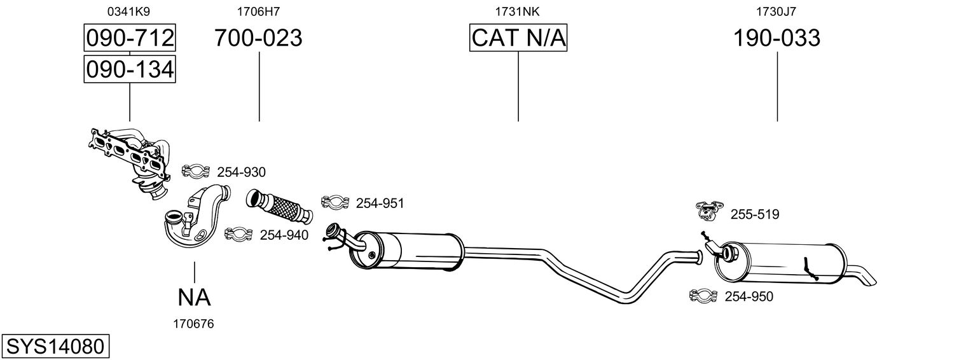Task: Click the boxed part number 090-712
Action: (130, 38)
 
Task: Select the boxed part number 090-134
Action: (130, 69)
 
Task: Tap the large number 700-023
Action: (258, 38)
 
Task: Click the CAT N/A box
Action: (518, 38)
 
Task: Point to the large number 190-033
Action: (776, 38)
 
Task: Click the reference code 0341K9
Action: (130, 11)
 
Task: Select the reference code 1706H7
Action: (258, 11)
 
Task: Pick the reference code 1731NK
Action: (518, 11)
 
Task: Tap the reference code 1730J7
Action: (776, 11)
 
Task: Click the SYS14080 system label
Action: (54, 347)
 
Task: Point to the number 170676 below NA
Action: (194, 324)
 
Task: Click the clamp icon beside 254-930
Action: (196, 171)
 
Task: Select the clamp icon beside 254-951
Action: (335, 202)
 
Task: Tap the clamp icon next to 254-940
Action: (238, 235)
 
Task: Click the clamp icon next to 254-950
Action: (703, 296)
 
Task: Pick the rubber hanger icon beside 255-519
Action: (710, 210)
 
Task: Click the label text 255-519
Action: (755, 215)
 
